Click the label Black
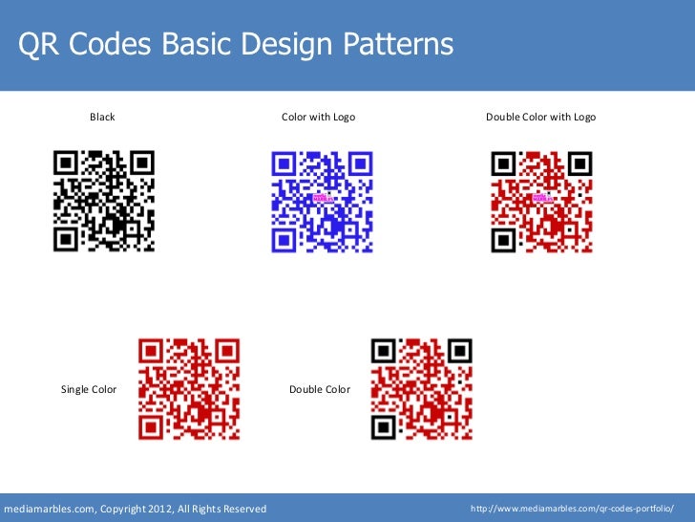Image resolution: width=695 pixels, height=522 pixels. click(102, 117)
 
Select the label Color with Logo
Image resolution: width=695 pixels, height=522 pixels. click(318, 117)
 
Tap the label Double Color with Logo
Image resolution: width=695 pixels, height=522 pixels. click(540, 117)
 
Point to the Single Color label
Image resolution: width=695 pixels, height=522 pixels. click(89, 389)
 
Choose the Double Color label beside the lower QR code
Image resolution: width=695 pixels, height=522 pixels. click(319, 389)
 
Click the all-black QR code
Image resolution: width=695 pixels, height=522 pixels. click(103, 201)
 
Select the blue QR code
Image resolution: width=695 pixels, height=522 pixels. click(322, 201)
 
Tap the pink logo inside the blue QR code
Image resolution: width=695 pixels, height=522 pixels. click(321, 199)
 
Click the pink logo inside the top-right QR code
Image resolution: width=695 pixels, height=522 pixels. click(540, 199)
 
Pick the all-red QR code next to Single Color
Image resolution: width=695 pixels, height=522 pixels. click(189, 388)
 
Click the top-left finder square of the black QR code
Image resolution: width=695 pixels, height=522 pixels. click(66, 163)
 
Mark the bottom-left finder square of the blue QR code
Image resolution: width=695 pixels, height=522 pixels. click(284, 238)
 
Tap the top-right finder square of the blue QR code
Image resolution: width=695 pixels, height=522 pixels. click(359, 163)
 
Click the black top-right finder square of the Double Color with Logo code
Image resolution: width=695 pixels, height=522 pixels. click(578, 163)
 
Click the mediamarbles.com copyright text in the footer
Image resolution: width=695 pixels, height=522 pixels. click(136, 508)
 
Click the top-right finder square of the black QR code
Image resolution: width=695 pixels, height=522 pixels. click(140, 163)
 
